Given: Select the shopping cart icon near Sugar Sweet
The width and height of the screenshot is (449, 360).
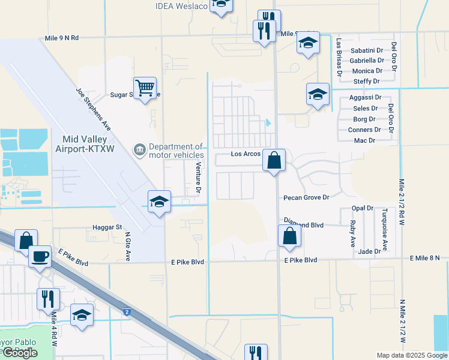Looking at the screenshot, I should [145, 88].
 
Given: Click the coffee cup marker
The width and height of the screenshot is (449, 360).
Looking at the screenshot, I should [40, 256].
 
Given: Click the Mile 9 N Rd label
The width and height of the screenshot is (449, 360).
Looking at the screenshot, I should [62, 38].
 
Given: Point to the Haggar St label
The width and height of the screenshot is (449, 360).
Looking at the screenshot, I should [107, 228].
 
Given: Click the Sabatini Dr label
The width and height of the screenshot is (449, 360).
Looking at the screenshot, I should [367, 50].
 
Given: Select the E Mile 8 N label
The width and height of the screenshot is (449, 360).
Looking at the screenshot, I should [425, 258].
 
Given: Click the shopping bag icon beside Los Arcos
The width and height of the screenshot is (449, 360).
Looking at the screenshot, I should [274, 160].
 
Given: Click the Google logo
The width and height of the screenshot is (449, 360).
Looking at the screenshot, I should [19, 353].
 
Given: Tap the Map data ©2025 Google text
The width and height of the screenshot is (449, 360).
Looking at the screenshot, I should [411, 356].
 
